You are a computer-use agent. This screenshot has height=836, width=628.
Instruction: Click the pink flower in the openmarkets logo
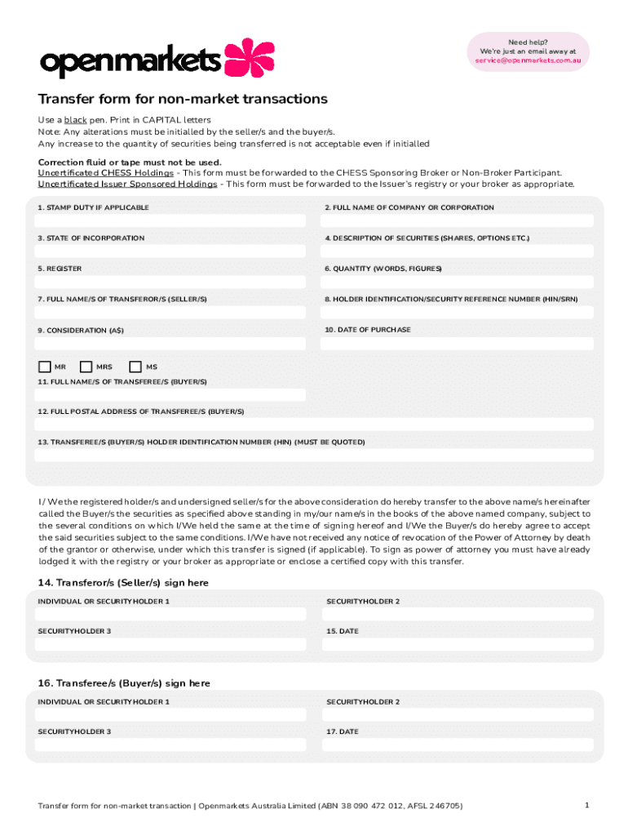(250, 58)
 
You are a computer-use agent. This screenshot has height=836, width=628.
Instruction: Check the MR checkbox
(44, 367)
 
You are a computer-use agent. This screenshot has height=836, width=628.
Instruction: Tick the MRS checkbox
(86, 367)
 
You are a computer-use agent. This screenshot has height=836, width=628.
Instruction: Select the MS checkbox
(135, 367)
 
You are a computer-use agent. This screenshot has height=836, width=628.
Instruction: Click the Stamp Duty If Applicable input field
(170, 221)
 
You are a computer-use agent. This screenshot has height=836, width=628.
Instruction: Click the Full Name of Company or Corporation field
(457, 221)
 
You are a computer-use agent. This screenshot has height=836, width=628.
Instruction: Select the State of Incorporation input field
(170, 251)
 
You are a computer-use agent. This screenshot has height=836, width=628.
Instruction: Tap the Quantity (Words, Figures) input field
(457, 282)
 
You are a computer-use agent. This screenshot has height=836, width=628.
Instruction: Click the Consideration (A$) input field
(170, 344)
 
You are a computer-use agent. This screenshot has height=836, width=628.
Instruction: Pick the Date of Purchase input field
(457, 344)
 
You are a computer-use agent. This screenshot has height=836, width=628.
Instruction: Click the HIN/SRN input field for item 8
(457, 313)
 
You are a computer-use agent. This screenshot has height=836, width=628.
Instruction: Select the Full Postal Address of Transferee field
(314, 425)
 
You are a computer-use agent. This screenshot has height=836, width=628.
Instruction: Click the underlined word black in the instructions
(76, 120)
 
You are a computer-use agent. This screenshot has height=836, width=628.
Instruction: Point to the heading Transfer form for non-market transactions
(183, 99)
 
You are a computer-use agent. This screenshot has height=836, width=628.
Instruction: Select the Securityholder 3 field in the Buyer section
(170, 745)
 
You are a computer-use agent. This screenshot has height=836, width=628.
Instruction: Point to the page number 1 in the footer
(586, 805)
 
